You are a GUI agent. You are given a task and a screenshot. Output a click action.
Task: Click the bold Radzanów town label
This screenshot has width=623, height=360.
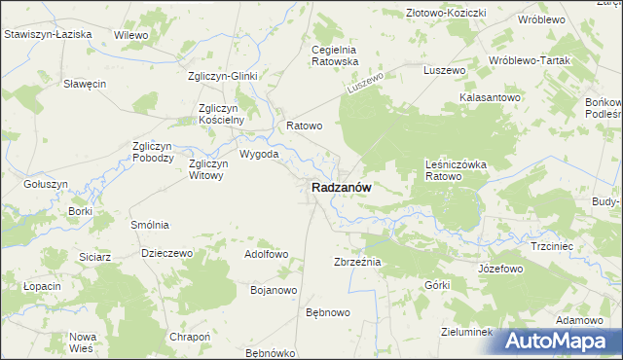(341, 188)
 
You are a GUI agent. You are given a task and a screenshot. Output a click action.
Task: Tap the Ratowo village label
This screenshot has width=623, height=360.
(304, 126)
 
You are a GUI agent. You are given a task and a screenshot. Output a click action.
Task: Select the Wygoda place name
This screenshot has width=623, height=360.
(259, 154)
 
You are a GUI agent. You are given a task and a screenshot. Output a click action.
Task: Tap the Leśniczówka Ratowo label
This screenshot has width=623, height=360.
(456, 170)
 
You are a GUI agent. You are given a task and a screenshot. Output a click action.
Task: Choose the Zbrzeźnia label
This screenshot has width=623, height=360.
(357, 263)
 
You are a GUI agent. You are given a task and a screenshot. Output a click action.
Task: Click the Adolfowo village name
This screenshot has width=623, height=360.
(267, 254)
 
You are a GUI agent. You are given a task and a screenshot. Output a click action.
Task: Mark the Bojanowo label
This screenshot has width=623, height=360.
(273, 290)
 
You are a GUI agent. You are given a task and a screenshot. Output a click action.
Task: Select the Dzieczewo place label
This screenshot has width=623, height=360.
(166, 252)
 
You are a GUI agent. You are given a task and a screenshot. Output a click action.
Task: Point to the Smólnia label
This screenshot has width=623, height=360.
(150, 224)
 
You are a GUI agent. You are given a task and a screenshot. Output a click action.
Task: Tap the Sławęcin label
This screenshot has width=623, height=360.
(84, 84)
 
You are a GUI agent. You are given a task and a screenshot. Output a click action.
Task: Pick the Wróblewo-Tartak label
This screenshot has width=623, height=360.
(530, 59)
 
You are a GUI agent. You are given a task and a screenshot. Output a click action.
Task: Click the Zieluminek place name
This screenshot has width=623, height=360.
(468, 332)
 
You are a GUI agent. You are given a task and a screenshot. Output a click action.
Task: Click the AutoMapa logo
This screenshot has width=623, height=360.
(558, 341)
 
